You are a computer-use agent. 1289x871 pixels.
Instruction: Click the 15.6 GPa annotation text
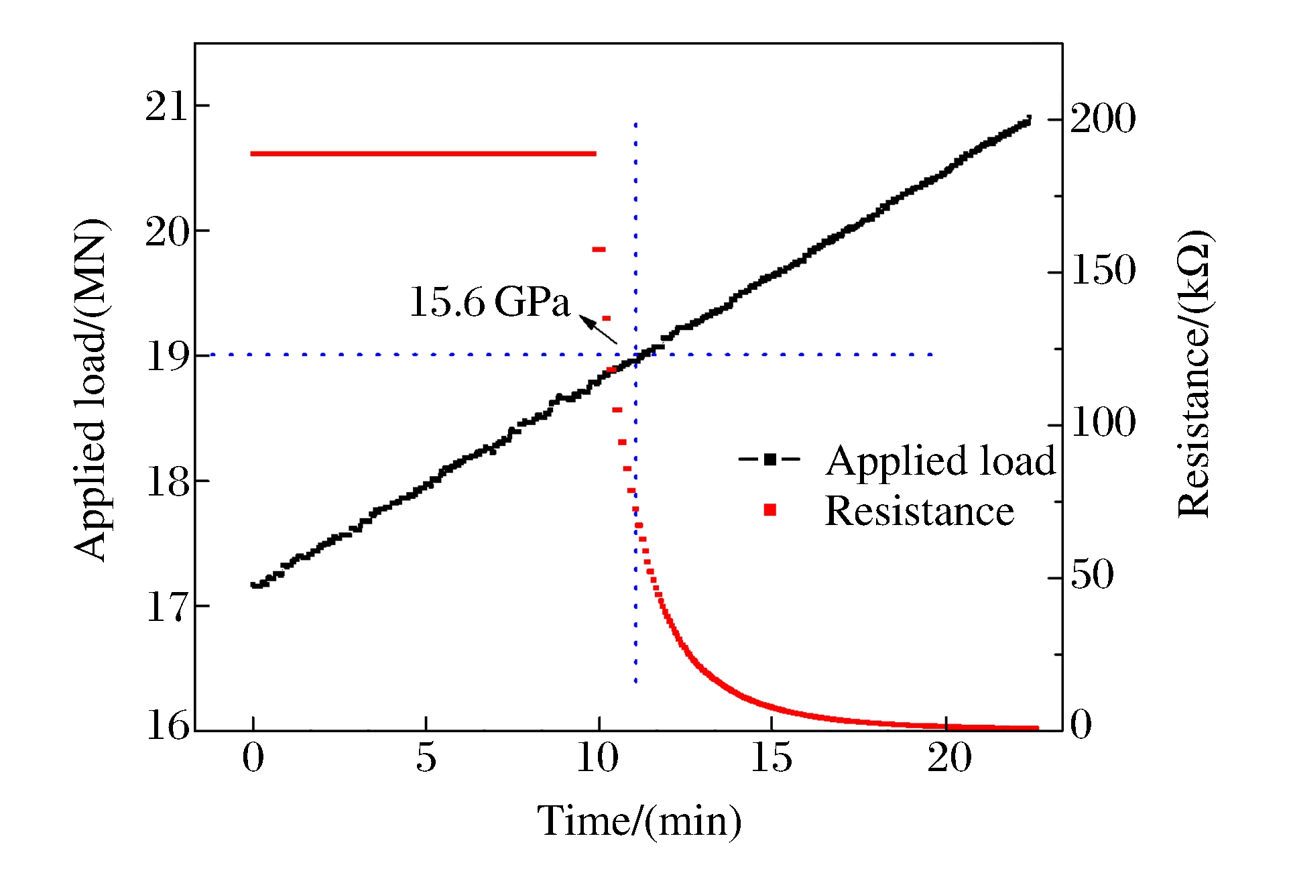pos(489,302)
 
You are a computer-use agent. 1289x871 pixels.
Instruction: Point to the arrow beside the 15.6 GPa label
pos(598,330)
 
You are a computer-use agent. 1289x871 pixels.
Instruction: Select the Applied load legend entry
pos(897,461)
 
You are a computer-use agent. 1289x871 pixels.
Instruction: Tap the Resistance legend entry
pos(890,511)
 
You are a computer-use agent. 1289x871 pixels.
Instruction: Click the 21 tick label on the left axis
pos(168,106)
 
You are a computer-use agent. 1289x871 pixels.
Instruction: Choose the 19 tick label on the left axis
pos(168,355)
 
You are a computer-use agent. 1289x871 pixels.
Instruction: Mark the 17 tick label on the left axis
pos(168,607)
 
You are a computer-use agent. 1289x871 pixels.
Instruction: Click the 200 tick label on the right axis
pos(1103,119)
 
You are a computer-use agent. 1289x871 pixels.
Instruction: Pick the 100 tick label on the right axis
pos(1103,422)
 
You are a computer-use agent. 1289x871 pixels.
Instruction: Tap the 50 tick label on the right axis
pos(1092,575)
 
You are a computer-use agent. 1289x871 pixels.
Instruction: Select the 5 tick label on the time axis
pos(426,758)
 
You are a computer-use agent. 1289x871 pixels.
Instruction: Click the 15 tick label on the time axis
pos(771,758)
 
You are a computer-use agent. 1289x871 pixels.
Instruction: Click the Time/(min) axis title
pos(639,821)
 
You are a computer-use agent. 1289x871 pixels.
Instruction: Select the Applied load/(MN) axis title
pos(91,389)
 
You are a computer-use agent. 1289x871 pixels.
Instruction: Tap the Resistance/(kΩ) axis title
pos(1194,373)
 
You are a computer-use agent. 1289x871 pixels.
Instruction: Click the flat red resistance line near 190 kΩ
pos(422,154)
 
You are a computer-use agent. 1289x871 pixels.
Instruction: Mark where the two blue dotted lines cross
pos(635,354)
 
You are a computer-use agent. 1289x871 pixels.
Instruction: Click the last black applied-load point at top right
pos(1028,119)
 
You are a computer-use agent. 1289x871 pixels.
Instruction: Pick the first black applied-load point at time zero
pos(254,585)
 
